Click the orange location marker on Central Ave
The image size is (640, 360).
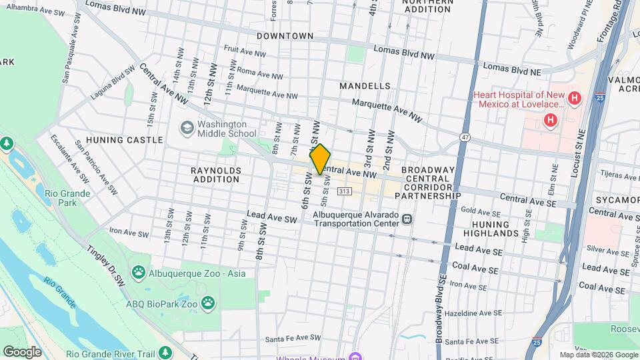point(320,159)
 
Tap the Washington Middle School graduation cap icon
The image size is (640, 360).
point(187,127)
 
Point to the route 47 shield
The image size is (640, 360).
point(465,137)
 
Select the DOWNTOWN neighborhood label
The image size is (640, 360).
point(285,35)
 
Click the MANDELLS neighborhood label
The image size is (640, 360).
point(365,86)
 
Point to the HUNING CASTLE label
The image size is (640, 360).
point(133,140)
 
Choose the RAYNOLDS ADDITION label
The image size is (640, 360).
point(215,175)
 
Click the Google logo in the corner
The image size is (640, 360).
point(22,351)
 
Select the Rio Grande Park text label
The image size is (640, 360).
point(59,197)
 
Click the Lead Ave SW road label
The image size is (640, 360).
point(271,219)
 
